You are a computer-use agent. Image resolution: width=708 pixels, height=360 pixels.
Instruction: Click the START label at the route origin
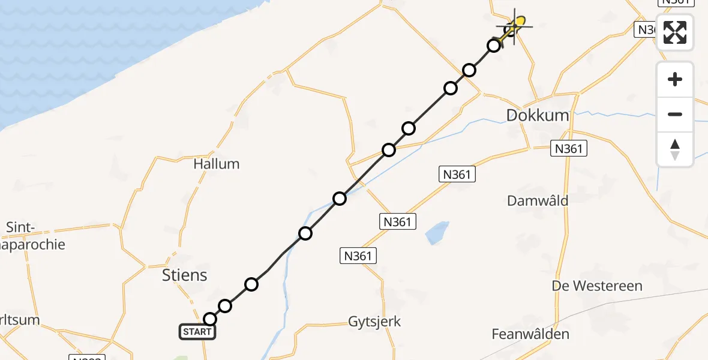click(x=197, y=331)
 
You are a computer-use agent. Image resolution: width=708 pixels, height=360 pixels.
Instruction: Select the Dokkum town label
click(x=538, y=115)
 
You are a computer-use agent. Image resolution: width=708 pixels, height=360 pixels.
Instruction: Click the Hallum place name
click(x=217, y=164)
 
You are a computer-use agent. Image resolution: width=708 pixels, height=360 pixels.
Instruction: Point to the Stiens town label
click(x=185, y=275)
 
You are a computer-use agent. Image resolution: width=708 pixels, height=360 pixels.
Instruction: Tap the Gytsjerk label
click(x=374, y=322)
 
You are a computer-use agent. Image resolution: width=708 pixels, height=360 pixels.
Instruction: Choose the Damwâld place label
click(x=538, y=200)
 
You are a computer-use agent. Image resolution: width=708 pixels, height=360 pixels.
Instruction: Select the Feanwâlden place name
click(x=530, y=334)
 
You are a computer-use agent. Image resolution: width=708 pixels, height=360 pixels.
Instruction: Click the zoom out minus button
click(x=675, y=114)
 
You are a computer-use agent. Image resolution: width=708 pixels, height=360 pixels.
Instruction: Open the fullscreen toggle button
click(x=675, y=32)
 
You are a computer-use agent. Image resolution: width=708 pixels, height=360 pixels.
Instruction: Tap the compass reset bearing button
click(x=675, y=149)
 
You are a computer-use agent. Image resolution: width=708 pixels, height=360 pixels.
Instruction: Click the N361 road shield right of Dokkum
click(x=569, y=149)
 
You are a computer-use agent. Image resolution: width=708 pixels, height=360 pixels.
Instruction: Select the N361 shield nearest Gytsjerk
click(x=358, y=256)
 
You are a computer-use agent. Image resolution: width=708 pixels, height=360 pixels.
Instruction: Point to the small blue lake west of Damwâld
click(x=437, y=233)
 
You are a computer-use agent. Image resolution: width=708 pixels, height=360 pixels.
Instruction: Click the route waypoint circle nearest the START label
click(x=210, y=319)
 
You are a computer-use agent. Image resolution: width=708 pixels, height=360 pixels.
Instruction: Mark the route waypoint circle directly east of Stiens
click(x=251, y=284)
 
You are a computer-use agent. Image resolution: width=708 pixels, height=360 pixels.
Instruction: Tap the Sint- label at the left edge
click(x=22, y=227)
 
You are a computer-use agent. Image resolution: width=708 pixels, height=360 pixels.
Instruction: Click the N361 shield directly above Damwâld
click(x=457, y=175)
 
